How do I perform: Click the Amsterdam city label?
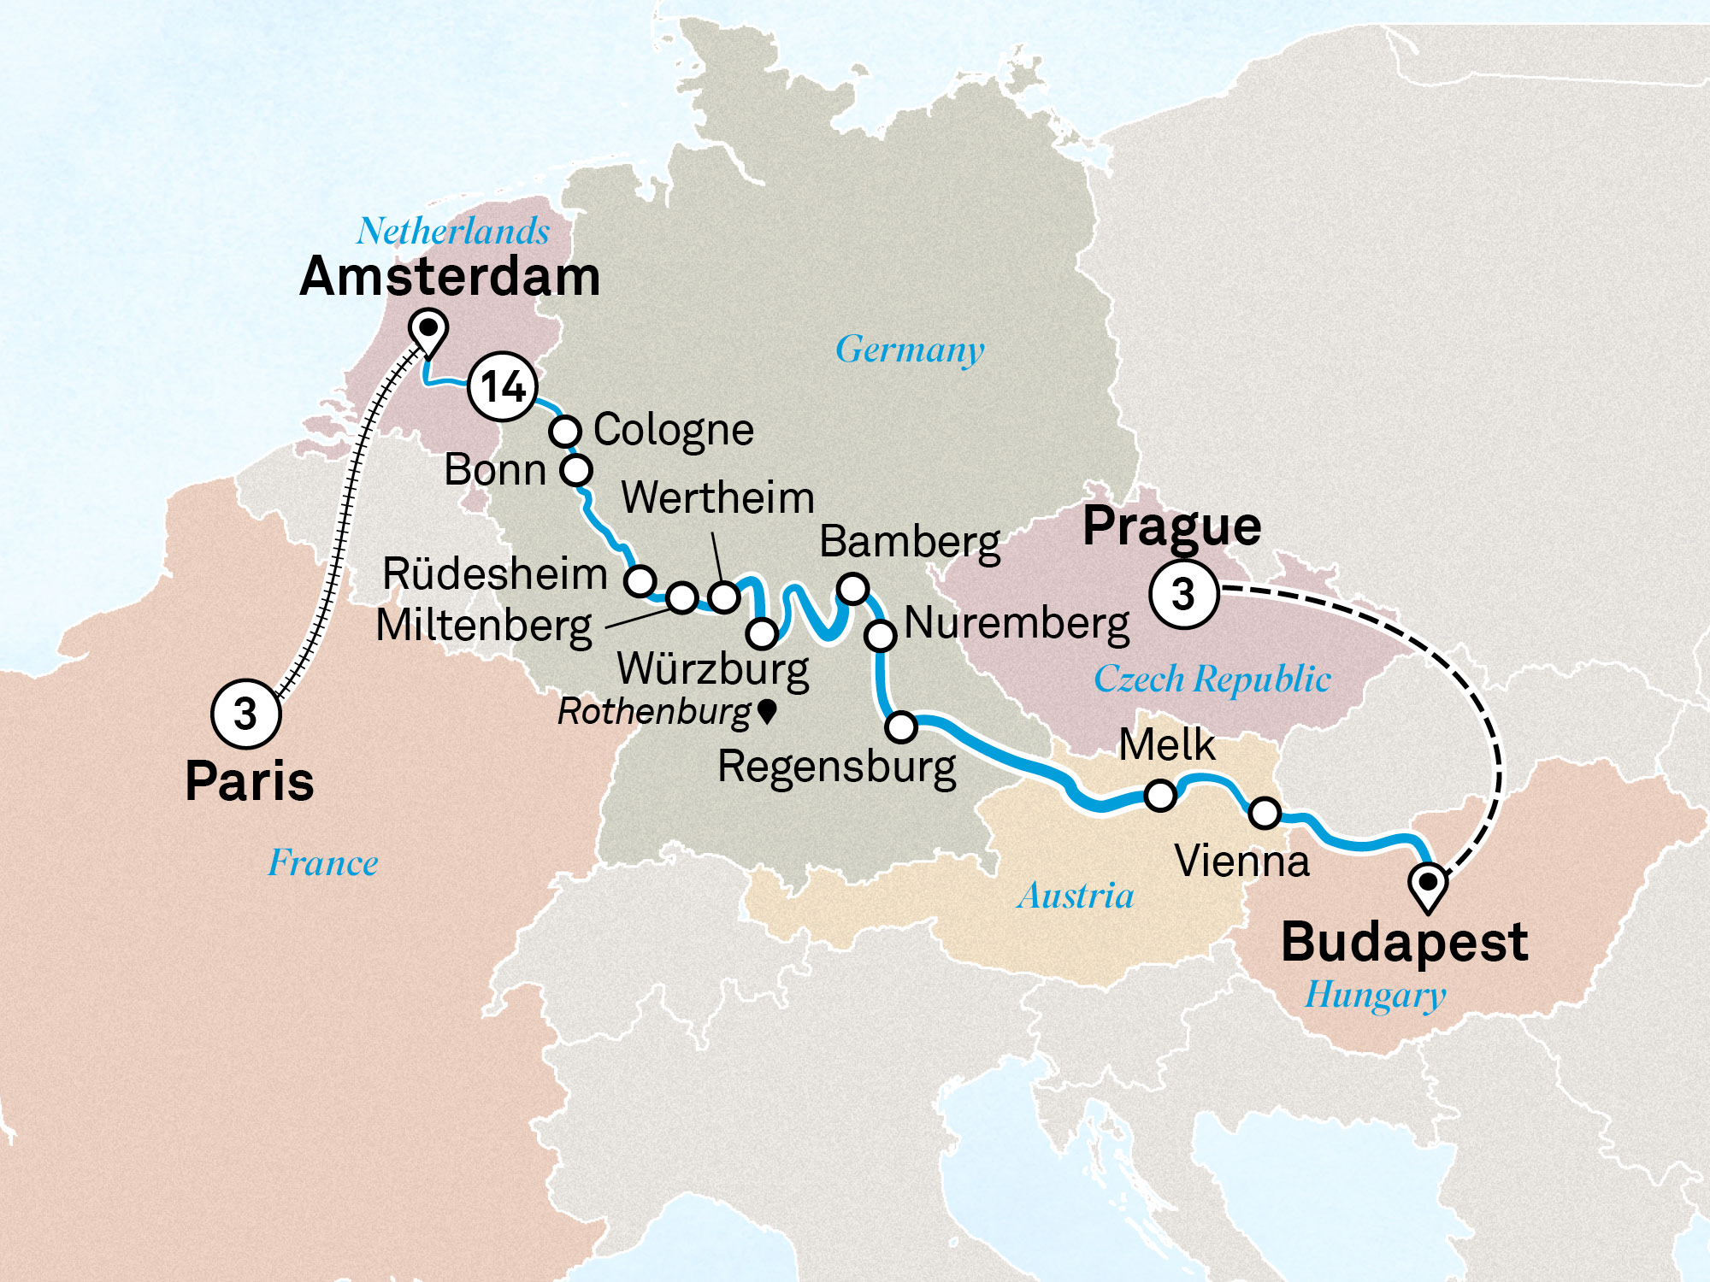pos(450,277)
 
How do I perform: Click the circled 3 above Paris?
pos(245,714)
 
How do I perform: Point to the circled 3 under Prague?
pos(1183,594)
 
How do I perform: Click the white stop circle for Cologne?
pos(565,431)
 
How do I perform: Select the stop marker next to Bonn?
pos(576,469)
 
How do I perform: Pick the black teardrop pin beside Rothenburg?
pos(767,710)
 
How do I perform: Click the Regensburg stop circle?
pos(901,726)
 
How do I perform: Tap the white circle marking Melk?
pos(1160,795)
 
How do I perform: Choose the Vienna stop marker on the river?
pos(1265,813)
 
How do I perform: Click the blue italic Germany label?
pos(910,350)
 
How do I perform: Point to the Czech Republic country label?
pos(1212,679)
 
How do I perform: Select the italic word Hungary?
pos(1375,996)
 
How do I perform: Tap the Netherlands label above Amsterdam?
pos(453,231)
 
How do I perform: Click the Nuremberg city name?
pos(1017,624)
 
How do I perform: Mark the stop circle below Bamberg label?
pos(853,588)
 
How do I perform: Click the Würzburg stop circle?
pos(762,633)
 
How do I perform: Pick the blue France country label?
pos(323,863)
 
